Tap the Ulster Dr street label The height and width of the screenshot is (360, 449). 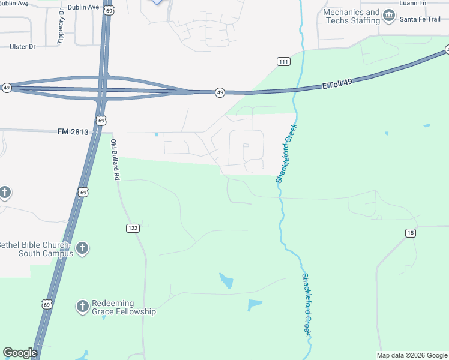[x=23, y=46]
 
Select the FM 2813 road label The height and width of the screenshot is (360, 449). [x=73, y=131]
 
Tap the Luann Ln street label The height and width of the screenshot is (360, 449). [x=414, y=3]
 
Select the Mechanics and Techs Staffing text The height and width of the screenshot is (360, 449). [x=351, y=16]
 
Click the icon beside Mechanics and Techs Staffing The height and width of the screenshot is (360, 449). [x=389, y=15]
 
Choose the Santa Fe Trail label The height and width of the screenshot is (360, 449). [x=420, y=20]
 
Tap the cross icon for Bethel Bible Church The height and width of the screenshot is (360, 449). [x=82, y=248]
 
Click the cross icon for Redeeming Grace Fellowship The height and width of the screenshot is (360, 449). [x=82, y=307]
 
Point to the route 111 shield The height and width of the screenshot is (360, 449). [x=284, y=62]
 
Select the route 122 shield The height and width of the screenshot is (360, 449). [x=133, y=228]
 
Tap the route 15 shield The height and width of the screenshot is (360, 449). [x=411, y=233]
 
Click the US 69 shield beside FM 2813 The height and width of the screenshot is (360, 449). [x=101, y=121]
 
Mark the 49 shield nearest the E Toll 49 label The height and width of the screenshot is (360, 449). [x=220, y=92]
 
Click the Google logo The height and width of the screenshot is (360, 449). [x=20, y=353]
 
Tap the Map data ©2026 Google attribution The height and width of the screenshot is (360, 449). [x=412, y=355]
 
